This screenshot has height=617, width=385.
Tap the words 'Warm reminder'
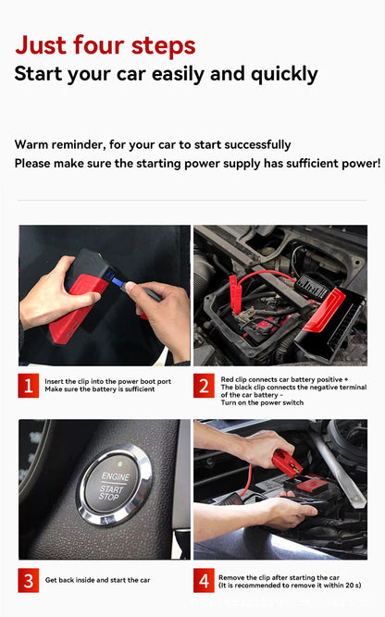[x=57, y=144]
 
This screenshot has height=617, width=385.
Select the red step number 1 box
[x=30, y=385]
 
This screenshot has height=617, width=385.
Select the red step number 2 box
[x=204, y=385]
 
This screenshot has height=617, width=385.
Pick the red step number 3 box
[x=30, y=580]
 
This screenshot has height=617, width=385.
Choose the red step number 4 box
[x=204, y=580]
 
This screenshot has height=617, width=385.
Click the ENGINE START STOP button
[x=111, y=485]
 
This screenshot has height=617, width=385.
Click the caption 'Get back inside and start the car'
[x=97, y=580]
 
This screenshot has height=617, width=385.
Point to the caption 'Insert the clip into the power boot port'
[x=107, y=380]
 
